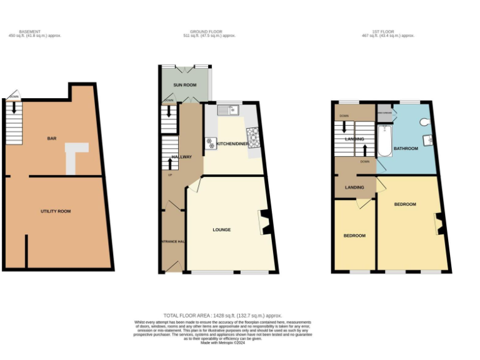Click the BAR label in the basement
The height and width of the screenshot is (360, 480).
[52, 138]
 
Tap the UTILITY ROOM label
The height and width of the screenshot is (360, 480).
[56, 211]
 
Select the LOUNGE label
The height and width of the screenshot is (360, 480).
[222, 229]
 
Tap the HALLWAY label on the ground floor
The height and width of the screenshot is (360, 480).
[173, 156]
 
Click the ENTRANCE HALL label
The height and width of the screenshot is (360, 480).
[172, 241]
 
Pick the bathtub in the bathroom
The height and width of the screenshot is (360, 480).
[382, 141]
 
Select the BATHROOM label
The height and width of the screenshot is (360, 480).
[406, 149]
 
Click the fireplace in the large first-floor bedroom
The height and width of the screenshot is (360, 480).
[439, 223]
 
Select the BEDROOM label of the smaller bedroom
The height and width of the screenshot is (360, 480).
[354, 236]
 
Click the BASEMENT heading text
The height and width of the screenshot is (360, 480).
[29, 31]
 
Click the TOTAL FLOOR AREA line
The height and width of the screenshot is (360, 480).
[222, 316]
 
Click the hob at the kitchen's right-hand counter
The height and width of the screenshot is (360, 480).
[254, 136]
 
